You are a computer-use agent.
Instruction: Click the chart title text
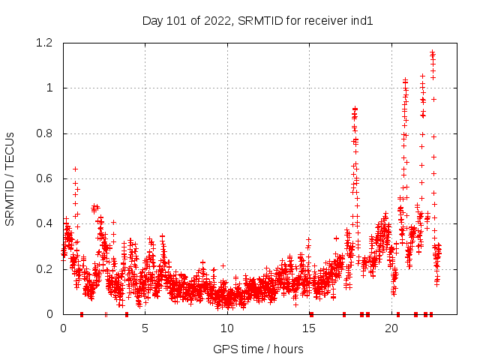coord(257,20)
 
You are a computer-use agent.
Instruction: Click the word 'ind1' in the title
coord(361,20)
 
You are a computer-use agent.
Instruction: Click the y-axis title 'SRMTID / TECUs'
coord(10,178)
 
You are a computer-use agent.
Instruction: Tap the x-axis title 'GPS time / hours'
coord(258,349)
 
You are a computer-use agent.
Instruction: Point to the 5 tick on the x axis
coord(145,328)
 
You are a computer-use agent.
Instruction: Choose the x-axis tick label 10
coord(227,328)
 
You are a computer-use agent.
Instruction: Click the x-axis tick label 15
coord(309,328)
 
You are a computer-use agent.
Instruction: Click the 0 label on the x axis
coord(63,328)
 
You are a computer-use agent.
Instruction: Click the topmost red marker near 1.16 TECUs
coord(432,52)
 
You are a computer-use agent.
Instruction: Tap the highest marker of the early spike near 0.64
coord(75,169)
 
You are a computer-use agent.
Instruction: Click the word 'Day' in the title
coord(152,20)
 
